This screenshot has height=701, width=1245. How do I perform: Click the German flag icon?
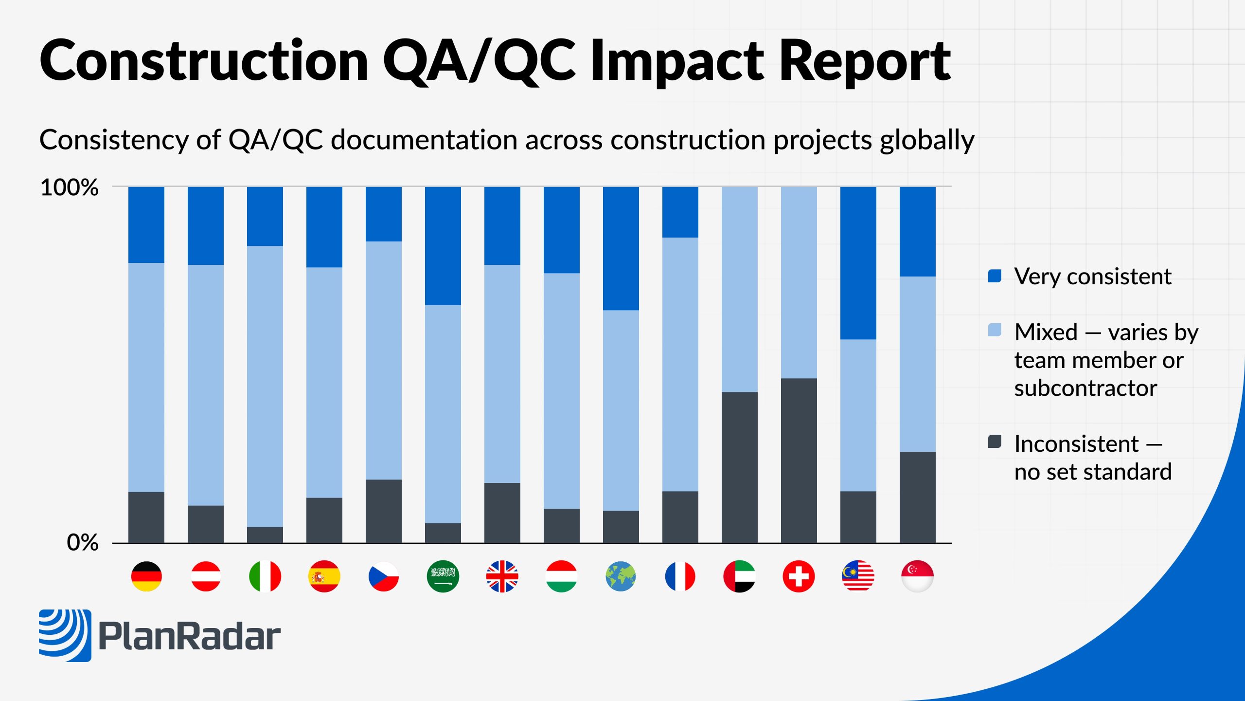pyautogui.click(x=146, y=576)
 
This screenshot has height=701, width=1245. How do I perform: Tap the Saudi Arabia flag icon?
pyautogui.click(x=443, y=576)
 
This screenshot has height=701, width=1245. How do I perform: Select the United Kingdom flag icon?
pyautogui.click(x=502, y=576)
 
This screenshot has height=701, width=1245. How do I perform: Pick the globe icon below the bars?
pyautogui.click(x=621, y=576)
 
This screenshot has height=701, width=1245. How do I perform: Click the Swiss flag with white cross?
pyautogui.click(x=799, y=576)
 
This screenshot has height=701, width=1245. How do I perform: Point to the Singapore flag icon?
pyautogui.click(x=917, y=576)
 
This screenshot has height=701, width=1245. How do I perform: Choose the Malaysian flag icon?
pyautogui.click(x=858, y=576)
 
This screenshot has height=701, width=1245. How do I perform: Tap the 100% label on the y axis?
pyautogui.click(x=69, y=188)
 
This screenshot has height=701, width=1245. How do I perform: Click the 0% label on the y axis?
pyautogui.click(x=82, y=542)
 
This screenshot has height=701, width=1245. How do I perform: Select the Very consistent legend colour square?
pyautogui.click(x=995, y=276)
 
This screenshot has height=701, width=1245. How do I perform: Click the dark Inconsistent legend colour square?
pyautogui.click(x=995, y=442)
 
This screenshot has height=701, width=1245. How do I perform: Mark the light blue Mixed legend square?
pyautogui.click(x=995, y=330)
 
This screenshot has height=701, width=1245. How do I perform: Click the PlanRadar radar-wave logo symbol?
pyautogui.click(x=65, y=635)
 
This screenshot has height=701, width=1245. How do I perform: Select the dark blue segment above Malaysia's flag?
pyautogui.click(x=858, y=263)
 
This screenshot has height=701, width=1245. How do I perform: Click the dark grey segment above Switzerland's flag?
pyautogui.click(x=799, y=460)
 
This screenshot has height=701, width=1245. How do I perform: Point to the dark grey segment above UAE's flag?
pyautogui.click(x=739, y=467)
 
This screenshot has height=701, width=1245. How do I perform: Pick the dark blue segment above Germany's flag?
pyautogui.click(x=146, y=225)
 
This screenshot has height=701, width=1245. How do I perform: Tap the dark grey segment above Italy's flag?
pyautogui.click(x=265, y=535)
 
